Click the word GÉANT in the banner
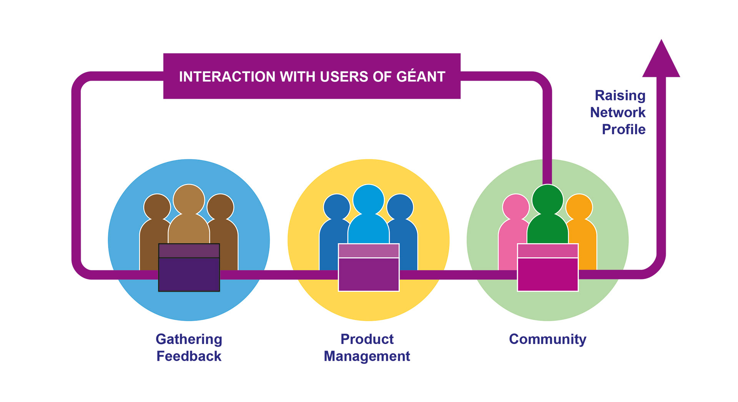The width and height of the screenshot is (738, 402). pos(421,76)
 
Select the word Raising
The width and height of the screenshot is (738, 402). pos(620,95)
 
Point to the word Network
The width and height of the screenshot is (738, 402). pos(618,112)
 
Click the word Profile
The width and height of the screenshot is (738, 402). pos(623,129)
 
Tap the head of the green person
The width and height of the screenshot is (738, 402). pos(548,200)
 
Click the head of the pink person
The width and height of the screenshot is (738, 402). pos(516,207)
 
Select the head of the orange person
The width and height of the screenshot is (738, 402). pos(579,207)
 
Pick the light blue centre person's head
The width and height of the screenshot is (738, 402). pos(369,200)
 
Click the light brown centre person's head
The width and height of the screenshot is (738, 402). pos(189,200)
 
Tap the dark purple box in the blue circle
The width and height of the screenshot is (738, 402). pos(189,267)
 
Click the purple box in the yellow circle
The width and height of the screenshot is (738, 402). pos(369,267)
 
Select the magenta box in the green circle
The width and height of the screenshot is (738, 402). pos(548,267)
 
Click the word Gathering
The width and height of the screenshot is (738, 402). pos(189,339)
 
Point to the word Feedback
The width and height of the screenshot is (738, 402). pos(189,356)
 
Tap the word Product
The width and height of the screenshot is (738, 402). pos(367,339)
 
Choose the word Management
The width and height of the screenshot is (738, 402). pos(367,356)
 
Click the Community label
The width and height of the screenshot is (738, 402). pos(548,339)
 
